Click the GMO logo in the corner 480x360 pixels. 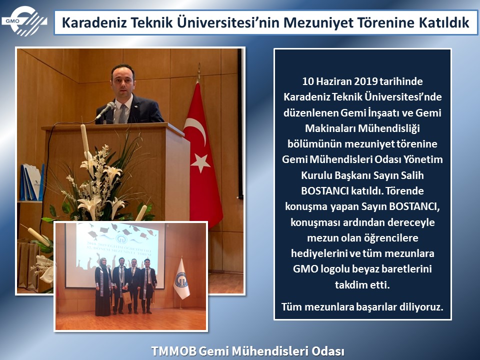tap(24, 21)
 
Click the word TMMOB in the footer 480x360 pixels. tap(174, 351)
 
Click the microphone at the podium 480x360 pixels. tap(105, 110)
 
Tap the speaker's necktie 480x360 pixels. tap(122, 113)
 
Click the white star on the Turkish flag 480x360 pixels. tap(200, 162)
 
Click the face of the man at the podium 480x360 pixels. tap(123, 81)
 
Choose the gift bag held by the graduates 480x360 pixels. tap(127, 297)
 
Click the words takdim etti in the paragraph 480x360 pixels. tap(362, 285)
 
